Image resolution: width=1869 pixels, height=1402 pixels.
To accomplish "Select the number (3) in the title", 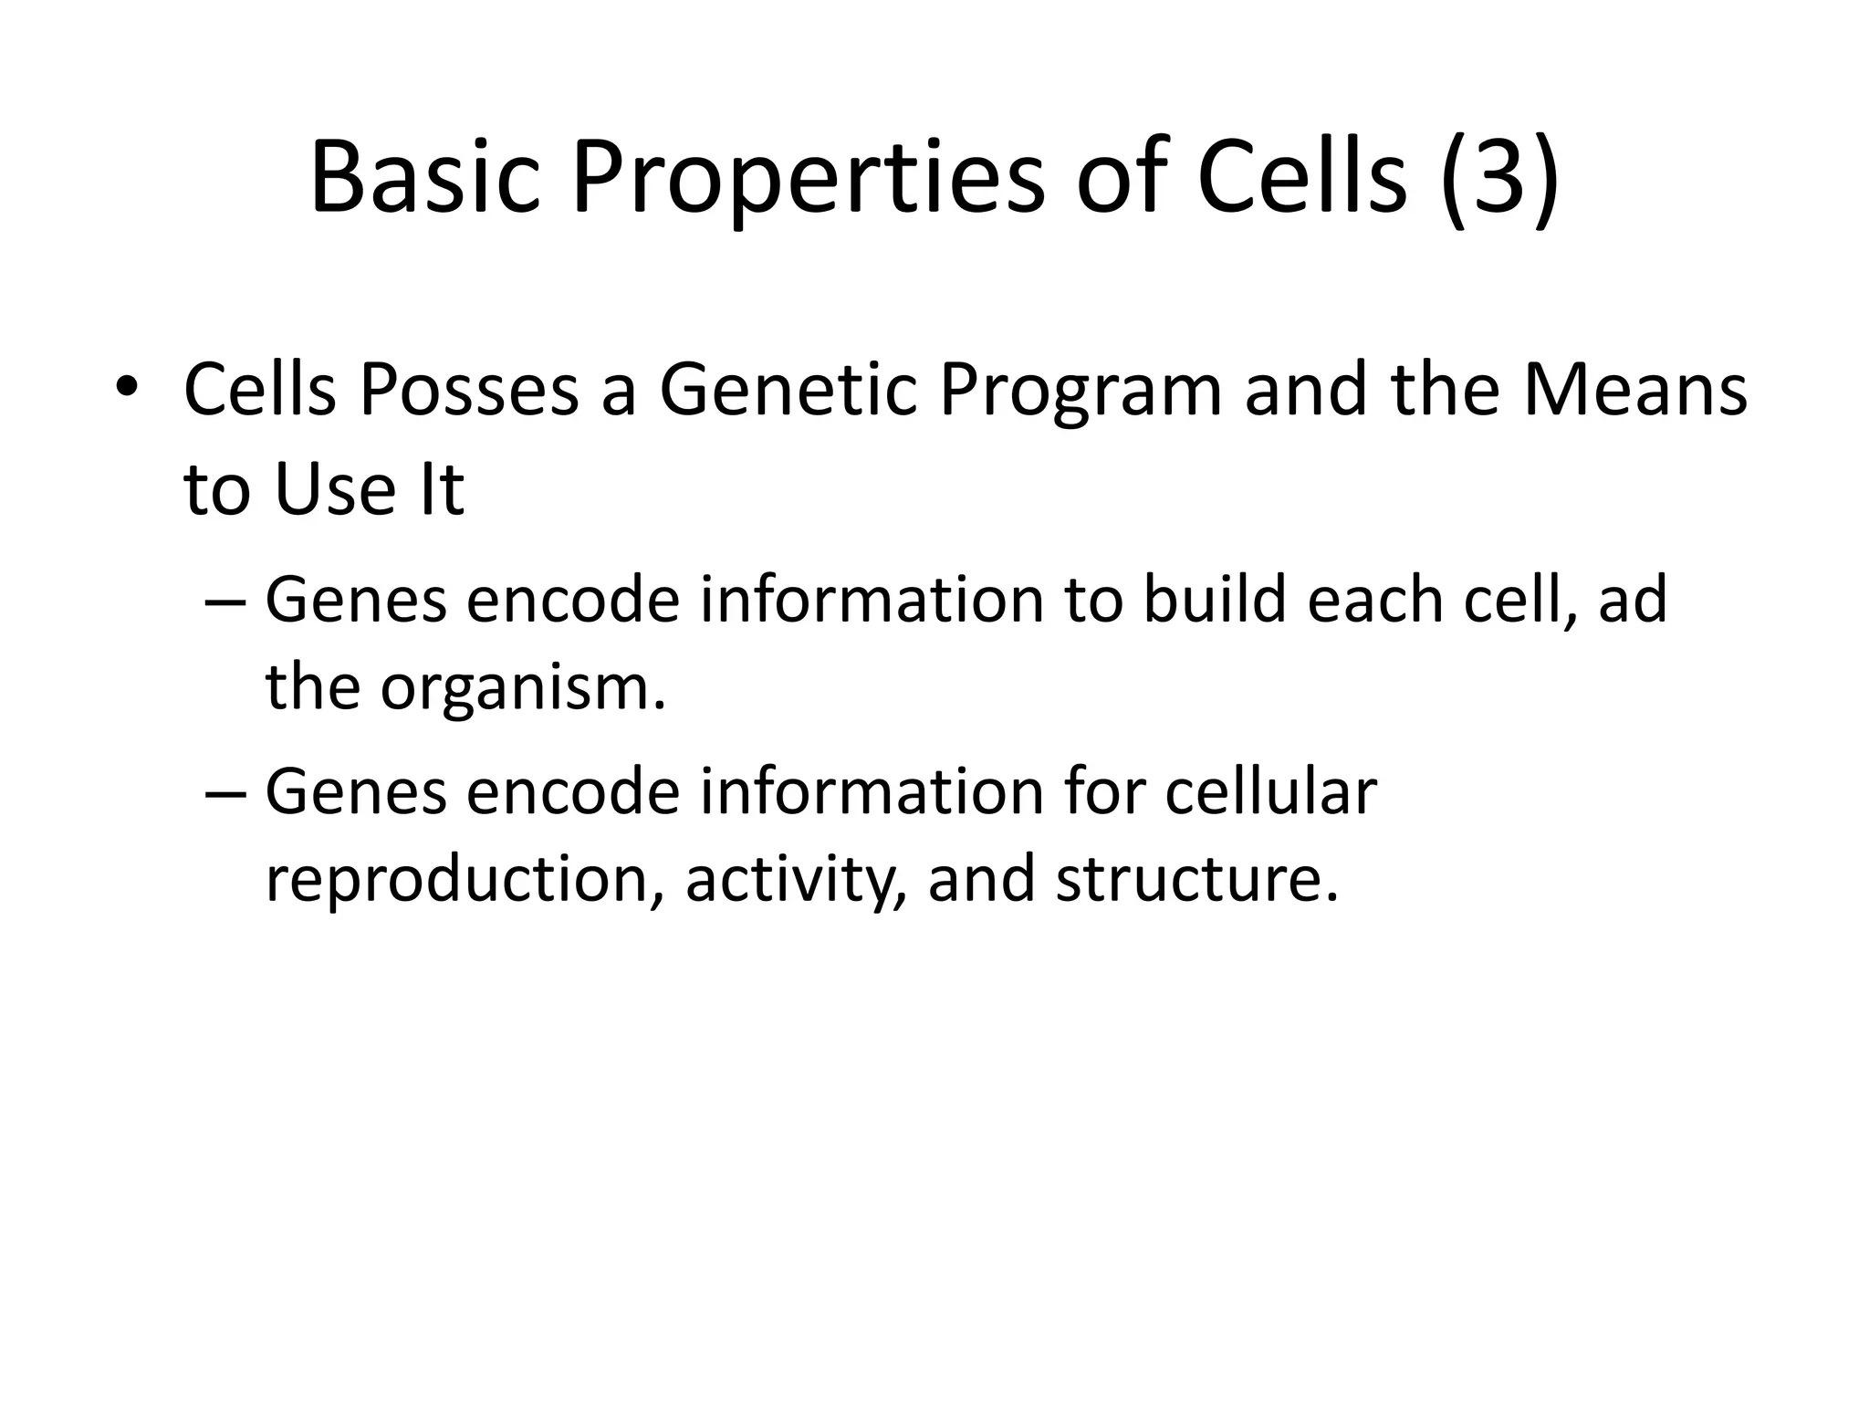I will (x=1499, y=178).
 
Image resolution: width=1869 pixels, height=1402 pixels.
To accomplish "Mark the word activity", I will (x=795, y=881).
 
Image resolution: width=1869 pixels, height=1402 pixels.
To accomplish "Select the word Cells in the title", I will (x=1302, y=178).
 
